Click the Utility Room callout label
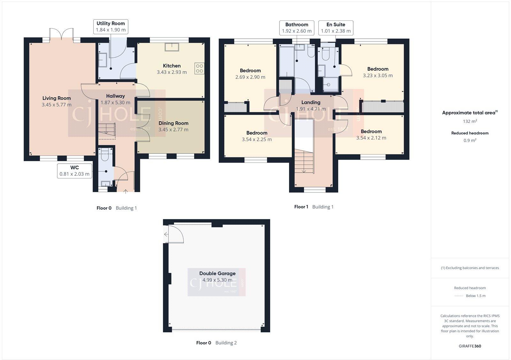click(111, 26)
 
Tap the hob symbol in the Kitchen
click(199, 68)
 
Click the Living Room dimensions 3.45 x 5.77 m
click(57, 105)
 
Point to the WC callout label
click(74, 171)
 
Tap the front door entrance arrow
click(125, 191)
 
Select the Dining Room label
click(173, 123)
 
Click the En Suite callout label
click(336, 28)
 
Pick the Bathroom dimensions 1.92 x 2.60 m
click(297, 31)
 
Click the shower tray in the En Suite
click(329, 85)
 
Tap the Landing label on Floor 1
click(311, 102)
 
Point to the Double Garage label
click(217, 274)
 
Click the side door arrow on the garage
click(166, 235)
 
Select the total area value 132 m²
click(470, 121)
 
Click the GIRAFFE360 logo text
click(470, 346)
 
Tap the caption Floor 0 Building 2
click(216, 343)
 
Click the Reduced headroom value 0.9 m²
click(470, 140)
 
